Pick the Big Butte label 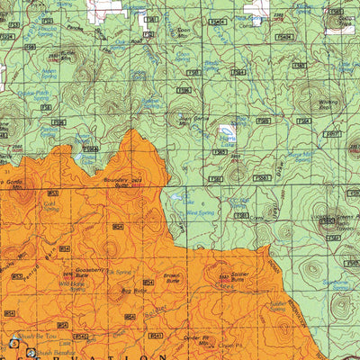pyautogui.click(x=133, y=291)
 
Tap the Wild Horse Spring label pyautogui.click(x=71, y=287)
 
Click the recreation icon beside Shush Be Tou pyautogui.click(x=13, y=342)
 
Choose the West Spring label pyautogui.click(x=205, y=213)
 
